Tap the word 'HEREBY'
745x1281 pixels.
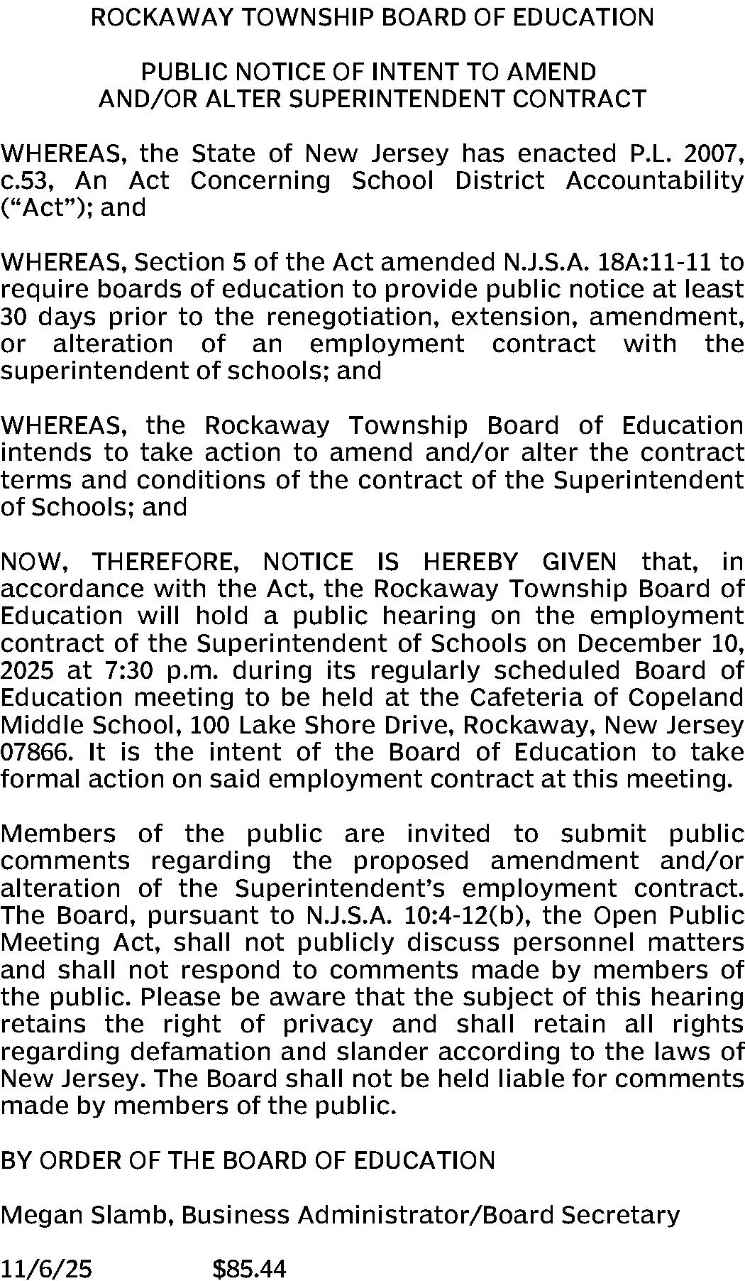click(470, 562)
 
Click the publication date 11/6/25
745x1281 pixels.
click(46, 1268)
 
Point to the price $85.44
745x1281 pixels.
click(249, 1268)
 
